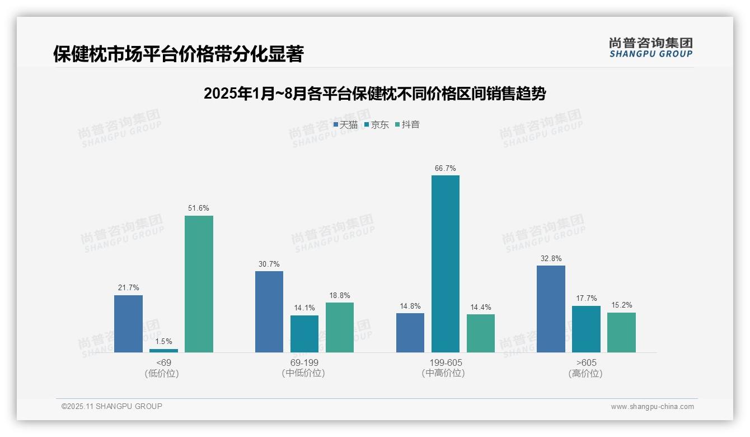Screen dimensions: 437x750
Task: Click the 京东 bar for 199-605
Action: tap(446, 263)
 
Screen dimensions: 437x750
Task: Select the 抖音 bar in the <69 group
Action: tap(199, 283)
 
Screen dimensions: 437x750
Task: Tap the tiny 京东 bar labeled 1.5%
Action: tap(163, 351)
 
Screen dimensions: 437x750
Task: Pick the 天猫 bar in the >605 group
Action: tap(551, 309)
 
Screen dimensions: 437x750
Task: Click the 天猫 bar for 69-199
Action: tap(269, 312)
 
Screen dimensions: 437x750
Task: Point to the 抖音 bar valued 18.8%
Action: tap(340, 327)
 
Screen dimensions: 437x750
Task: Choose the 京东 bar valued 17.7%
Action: tap(586, 329)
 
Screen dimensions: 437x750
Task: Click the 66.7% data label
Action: tap(446, 168)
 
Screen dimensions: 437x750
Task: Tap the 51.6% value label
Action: tap(199, 208)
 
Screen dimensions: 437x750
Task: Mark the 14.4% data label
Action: tap(481, 307)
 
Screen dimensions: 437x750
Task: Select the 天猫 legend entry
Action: tap(345, 125)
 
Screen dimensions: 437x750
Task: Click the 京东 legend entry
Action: tap(377, 125)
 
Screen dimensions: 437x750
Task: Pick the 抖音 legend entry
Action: tap(407, 125)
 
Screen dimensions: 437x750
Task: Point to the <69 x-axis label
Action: tap(163, 362)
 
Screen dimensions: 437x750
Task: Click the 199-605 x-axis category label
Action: tap(446, 362)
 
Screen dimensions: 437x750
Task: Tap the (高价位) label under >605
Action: tap(586, 374)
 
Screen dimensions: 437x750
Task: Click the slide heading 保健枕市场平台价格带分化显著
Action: tap(178, 54)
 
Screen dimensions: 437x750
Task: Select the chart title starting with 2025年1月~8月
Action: tap(374, 94)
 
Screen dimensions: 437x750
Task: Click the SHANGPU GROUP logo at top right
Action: tap(651, 48)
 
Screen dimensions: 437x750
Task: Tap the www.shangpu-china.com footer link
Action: tap(652, 407)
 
